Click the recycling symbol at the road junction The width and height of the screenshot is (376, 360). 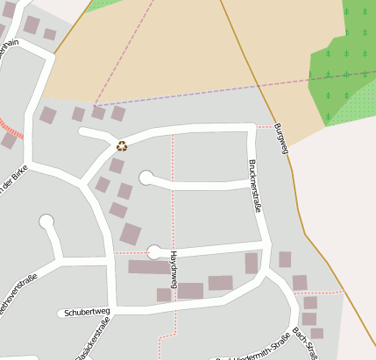122,146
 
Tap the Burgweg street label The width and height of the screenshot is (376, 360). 280,138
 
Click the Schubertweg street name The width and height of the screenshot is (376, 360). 86,312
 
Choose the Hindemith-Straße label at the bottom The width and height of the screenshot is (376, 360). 254,348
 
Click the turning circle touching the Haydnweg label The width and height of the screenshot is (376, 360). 155,252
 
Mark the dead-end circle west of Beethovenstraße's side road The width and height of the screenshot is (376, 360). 46,222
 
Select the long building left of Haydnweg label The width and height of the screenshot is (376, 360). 146,267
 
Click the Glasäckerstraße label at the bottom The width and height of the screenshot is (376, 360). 91,344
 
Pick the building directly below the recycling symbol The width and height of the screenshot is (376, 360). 116,166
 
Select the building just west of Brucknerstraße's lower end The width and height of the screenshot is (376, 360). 252,263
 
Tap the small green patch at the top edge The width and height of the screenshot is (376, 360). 103,4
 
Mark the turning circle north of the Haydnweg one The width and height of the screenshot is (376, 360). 146,178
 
